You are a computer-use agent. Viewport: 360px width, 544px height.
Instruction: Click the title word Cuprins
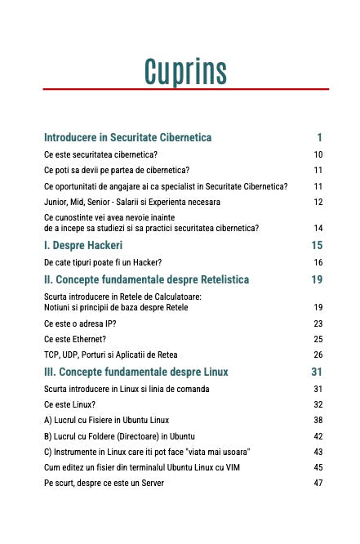coord(185,71)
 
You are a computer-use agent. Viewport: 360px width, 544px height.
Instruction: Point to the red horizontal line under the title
coord(185,89)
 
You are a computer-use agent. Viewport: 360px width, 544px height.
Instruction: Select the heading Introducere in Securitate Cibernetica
coord(127,137)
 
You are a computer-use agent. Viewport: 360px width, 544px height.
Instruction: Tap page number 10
coord(318,154)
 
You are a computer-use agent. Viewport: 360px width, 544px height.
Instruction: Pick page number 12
coord(318,202)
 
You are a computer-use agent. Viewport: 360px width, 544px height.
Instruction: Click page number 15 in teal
coord(318,245)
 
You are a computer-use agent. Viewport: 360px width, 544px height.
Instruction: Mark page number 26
coord(318,354)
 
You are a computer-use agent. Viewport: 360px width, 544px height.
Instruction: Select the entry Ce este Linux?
coord(70,404)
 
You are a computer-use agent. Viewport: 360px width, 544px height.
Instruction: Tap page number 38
coord(318,420)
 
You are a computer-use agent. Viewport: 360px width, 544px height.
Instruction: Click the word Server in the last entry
coord(151,483)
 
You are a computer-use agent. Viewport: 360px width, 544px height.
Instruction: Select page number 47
coord(318,483)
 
